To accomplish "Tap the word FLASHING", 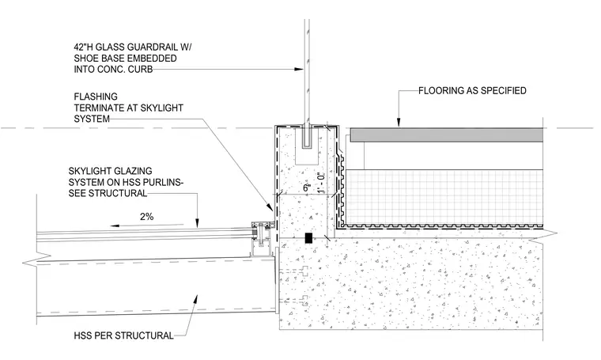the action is click(x=96, y=97).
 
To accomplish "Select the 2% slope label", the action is click(x=147, y=217).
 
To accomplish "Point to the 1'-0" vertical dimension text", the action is click(x=321, y=182).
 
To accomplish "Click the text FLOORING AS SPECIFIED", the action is click(x=472, y=91).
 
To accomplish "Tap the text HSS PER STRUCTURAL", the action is click(x=124, y=335).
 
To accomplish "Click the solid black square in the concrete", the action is click(x=308, y=238).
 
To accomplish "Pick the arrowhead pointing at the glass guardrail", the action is click(x=299, y=70).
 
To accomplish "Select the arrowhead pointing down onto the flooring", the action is click(x=399, y=122).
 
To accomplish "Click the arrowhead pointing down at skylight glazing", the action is click(x=198, y=223).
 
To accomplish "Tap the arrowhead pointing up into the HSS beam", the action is click(x=196, y=298).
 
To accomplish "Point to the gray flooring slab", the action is click(x=447, y=135).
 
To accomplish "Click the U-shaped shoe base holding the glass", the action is click(x=308, y=138).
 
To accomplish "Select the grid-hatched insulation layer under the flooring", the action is click(x=444, y=197).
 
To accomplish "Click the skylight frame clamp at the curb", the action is click(x=262, y=234).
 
